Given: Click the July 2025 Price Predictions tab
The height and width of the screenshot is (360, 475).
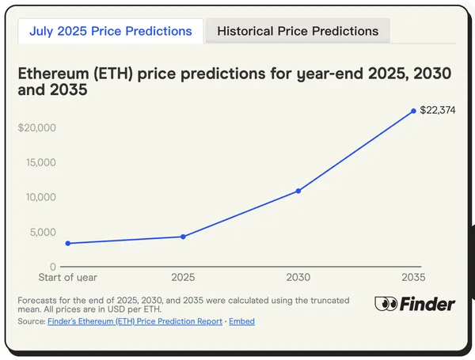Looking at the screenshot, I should click(x=110, y=32).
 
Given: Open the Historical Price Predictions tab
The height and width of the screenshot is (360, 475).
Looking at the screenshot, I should click(x=298, y=32).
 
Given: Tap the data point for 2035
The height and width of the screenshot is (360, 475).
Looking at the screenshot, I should click(x=413, y=111).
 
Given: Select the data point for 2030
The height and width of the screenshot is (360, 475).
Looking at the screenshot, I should click(x=298, y=191).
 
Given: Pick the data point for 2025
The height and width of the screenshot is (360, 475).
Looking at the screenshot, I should click(x=183, y=237).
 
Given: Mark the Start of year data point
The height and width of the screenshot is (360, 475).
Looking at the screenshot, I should click(x=68, y=243).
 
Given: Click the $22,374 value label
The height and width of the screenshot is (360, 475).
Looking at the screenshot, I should click(x=437, y=110).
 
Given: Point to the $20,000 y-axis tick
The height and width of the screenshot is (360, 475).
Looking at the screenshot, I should click(x=36, y=127).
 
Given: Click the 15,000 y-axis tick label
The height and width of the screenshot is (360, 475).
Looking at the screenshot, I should click(x=39, y=162).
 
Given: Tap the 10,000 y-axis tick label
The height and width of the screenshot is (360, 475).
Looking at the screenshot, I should click(x=39, y=197).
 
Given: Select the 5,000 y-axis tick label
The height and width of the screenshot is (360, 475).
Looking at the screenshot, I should click(x=41, y=232).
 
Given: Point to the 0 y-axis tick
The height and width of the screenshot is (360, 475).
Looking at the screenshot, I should click(x=53, y=267).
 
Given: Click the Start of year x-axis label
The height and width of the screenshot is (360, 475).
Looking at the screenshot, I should click(x=68, y=278).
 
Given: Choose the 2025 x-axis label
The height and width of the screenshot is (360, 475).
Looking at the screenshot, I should click(x=183, y=278).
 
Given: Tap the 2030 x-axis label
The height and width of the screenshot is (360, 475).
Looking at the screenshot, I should click(x=298, y=278).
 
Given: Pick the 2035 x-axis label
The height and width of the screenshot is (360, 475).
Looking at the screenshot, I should click(x=413, y=278).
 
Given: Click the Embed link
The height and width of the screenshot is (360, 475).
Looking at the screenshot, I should click(x=241, y=322).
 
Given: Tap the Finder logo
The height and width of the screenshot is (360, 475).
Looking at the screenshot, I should click(x=415, y=304).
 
